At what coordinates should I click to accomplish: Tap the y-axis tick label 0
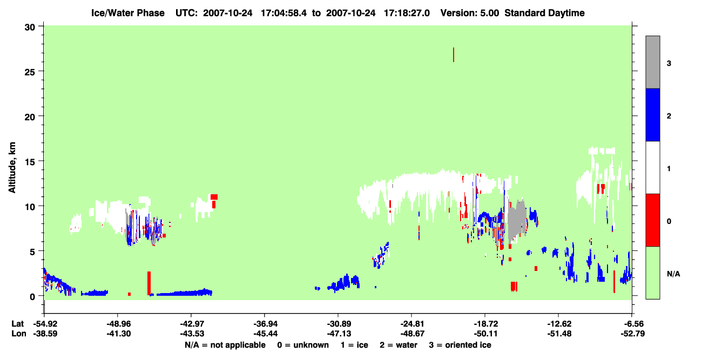[32, 297]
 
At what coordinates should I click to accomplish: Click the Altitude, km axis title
[12, 168]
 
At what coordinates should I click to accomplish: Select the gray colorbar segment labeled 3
[652, 62]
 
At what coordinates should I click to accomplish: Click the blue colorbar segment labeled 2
[652, 114]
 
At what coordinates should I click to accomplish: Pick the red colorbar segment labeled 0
[652, 220]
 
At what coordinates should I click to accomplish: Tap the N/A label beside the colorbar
[673, 274]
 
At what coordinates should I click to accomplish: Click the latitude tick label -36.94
[265, 324]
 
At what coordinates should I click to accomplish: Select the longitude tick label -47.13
[339, 334]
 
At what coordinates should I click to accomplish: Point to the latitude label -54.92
[45, 324]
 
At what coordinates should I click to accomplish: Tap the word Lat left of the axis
[17, 324]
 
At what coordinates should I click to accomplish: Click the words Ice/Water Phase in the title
[128, 13]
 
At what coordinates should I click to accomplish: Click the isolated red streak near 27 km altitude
[454, 55]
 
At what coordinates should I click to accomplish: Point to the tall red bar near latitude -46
[149, 283]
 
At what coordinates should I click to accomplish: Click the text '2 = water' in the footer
[399, 345]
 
